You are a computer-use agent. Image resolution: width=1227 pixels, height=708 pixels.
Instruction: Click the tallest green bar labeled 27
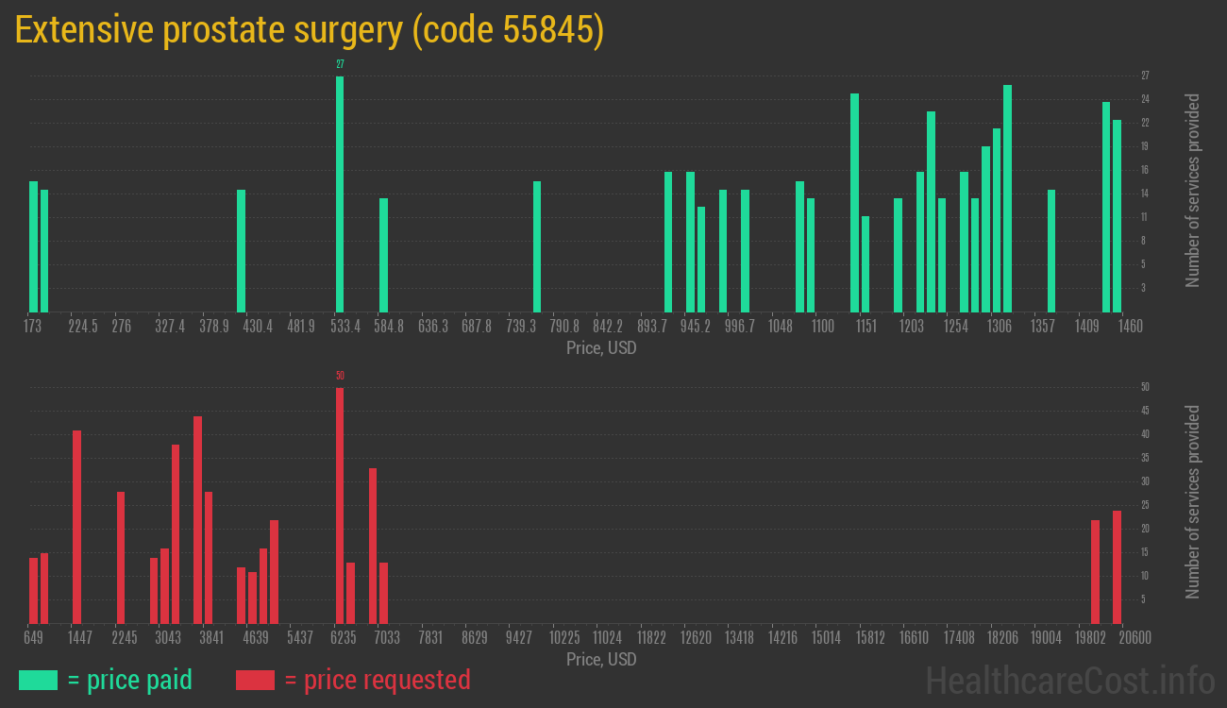pyautogui.click(x=340, y=194)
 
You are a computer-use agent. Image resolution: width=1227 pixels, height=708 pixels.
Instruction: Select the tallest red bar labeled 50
pyautogui.click(x=340, y=505)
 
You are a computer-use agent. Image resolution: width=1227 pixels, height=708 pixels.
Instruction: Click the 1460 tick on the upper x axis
pyautogui.click(x=1131, y=327)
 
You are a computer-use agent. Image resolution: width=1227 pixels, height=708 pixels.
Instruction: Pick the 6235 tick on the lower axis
pyautogui.click(x=343, y=638)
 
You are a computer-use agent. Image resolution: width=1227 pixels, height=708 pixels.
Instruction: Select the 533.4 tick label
pyautogui.click(x=345, y=327)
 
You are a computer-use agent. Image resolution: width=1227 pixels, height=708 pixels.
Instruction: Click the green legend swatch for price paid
pyautogui.click(x=38, y=680)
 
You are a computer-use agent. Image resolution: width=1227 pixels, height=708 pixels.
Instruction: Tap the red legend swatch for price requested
pyautogui.click(x=255, y=680)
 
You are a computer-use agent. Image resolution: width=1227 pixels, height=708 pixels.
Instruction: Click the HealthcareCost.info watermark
pyautogui.click(x=1069, y=680)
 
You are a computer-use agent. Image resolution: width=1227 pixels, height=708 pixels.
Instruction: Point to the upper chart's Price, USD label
pyautogui.click(x=601, y=348)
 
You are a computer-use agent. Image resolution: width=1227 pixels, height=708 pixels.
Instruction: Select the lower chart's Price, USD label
pyautogui.click(x=601, y=659)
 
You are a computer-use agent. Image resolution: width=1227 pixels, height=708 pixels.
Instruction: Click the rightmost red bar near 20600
pyautogui.click(x=1117, y=566)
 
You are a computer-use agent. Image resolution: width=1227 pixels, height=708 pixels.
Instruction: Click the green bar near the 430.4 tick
pyautogui.click(x=241, y=250)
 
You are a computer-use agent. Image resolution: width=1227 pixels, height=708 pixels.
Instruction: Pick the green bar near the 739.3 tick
pyautogui.click(x=537, y=246)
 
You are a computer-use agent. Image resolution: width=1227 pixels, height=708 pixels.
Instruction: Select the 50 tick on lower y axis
pyautogui.click(x=1145, y=387)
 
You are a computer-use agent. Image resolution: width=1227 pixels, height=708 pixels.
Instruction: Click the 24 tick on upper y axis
pyautogui.click(x=1145, y=99)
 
